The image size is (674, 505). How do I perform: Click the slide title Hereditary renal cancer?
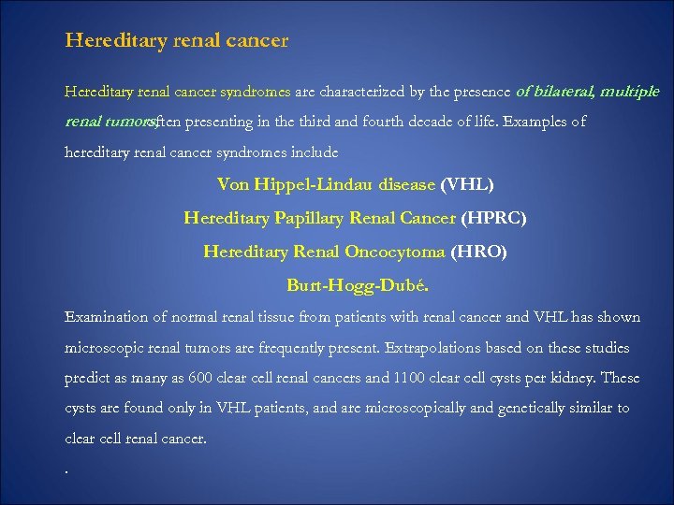[x=177, y=41]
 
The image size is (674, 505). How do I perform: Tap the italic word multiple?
[x=629, y=92]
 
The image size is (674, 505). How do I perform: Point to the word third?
[x=320, y=122]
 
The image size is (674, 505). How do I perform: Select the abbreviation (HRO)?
[x=478, y=252]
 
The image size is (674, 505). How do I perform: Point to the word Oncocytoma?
[x=395, y=252]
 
